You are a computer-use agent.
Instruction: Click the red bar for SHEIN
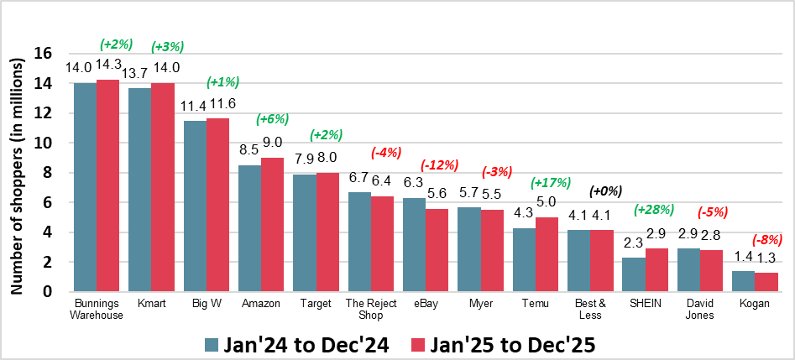click(656, 269)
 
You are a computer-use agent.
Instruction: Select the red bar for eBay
click(437, 250)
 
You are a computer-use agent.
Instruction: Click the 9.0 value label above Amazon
click(272, 142)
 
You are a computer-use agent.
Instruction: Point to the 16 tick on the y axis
click(43, 54)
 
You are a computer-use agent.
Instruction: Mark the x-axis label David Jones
click(699, 309)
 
